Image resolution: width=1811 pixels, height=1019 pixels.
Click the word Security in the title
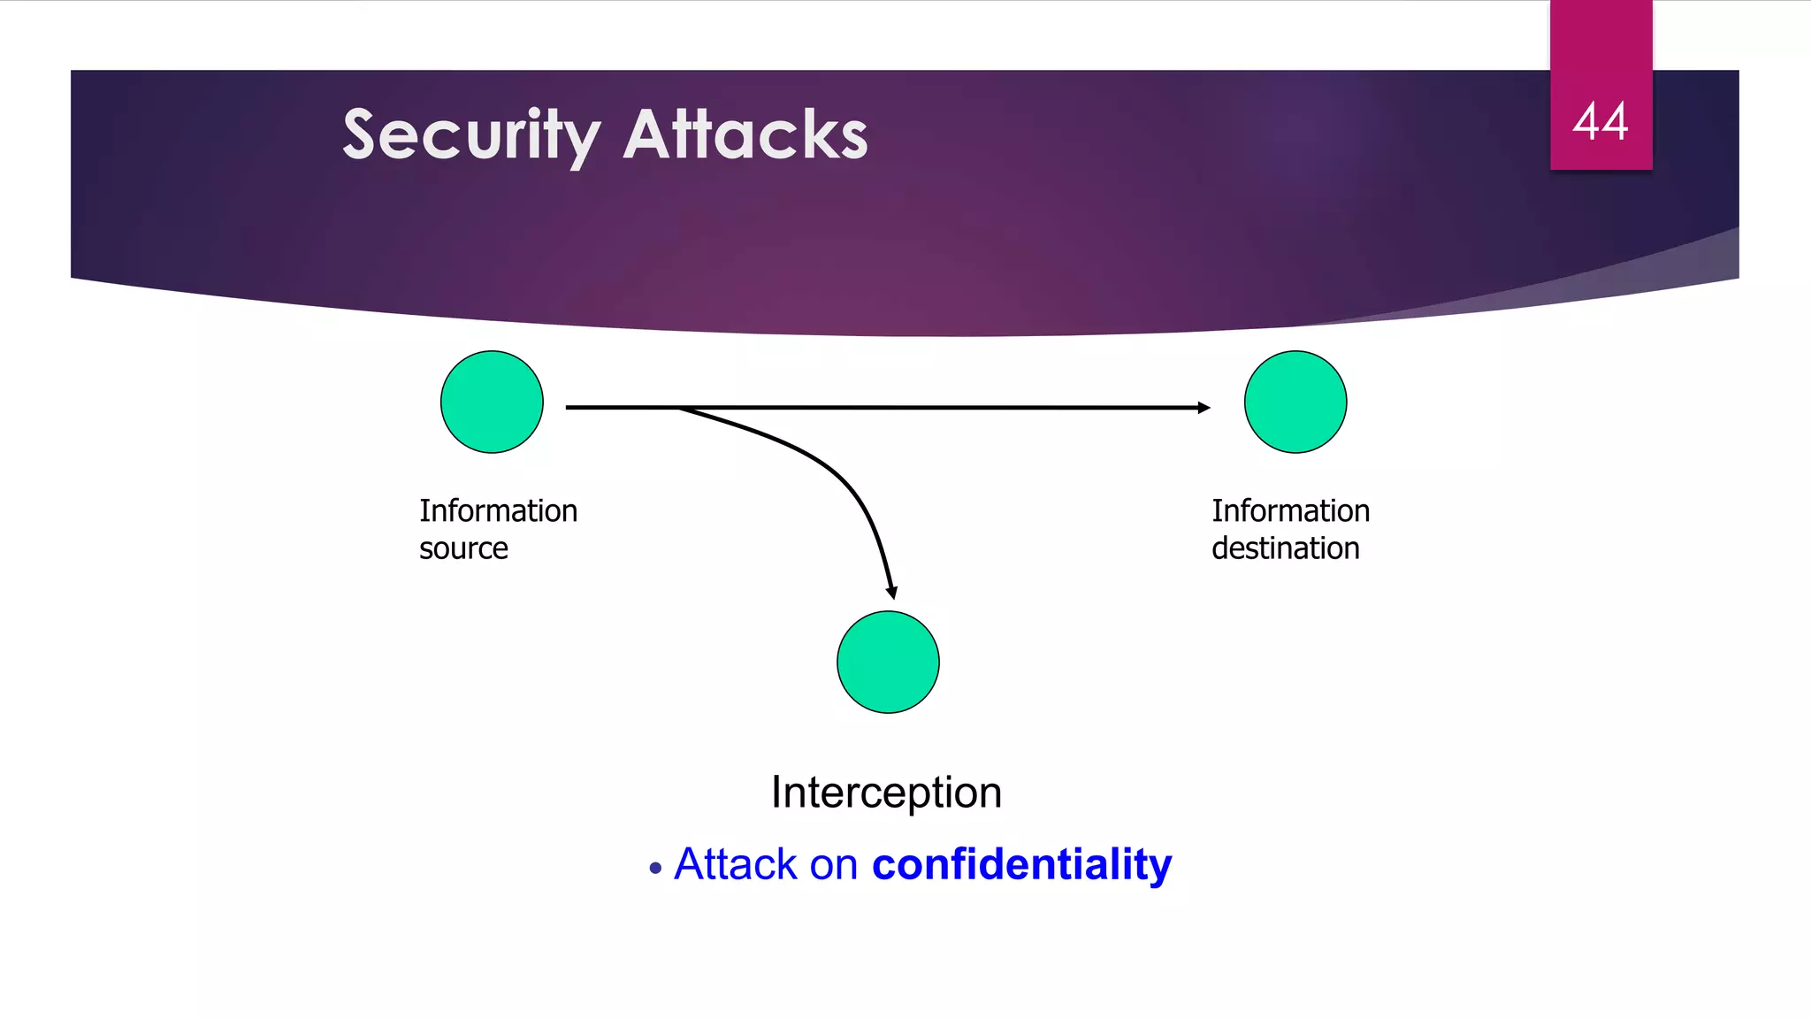coord(470,135)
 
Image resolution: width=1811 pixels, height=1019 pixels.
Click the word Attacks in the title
coord(745,135)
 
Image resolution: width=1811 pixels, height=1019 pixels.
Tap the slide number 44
coord(1600,122)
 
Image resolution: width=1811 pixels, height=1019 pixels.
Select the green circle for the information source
coord(492,402)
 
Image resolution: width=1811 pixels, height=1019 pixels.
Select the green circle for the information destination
coord(1295,402)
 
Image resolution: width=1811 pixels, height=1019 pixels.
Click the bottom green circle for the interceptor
coord(888,662)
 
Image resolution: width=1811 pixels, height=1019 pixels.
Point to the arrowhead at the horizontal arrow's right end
coord(1204,408)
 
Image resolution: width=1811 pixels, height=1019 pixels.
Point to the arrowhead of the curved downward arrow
coord(891,592)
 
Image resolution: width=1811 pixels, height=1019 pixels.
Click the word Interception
coord(886,792)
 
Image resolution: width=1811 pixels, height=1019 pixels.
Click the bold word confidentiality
coord(1021,864)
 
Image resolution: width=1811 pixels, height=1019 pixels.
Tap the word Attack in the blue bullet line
coord(736,864)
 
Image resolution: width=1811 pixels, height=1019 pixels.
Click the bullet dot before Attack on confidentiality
coord(654,869)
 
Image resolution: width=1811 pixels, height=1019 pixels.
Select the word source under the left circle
coord(463,549)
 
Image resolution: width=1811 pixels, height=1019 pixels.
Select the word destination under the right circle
coord(1285,548)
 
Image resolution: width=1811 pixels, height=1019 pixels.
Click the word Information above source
coord(498,510)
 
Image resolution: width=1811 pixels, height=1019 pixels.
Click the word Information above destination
coord(1290,510)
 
